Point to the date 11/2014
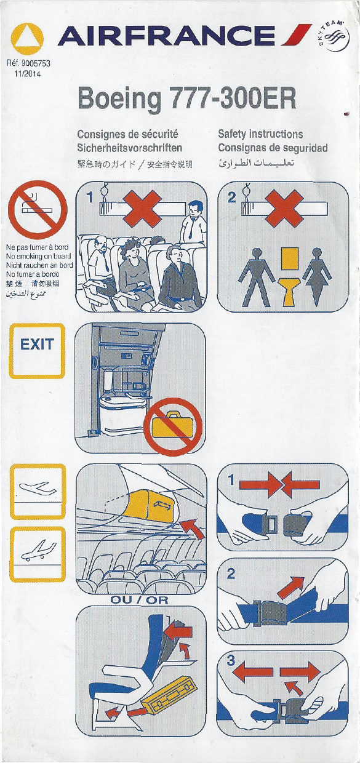click(x=27, y=74)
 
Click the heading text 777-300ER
click(x=234, y=98)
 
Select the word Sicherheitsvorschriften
click(x=130, y=148)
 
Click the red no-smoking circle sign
click(x=38, y=210)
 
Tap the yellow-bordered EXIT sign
click(x=37, y=351)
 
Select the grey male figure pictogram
click(x=257, y=277)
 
